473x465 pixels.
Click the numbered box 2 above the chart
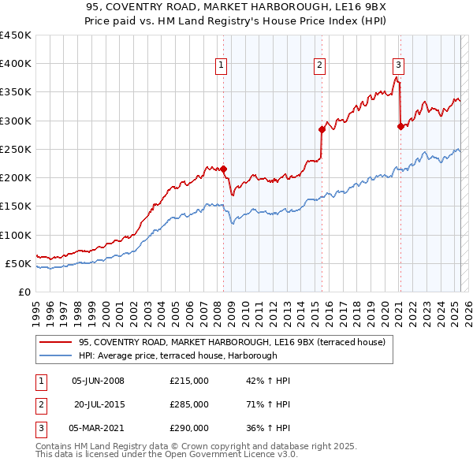pos(319,65)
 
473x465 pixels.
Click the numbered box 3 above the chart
pos(398,65)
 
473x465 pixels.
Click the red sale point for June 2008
pos(223,169)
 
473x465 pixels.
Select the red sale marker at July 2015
pos(322,129)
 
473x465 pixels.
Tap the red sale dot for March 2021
pos(400,126)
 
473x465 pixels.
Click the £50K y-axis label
pos(18,263)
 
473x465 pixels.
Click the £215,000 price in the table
pos(189,381)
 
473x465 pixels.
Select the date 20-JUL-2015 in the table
pos(99,404)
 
